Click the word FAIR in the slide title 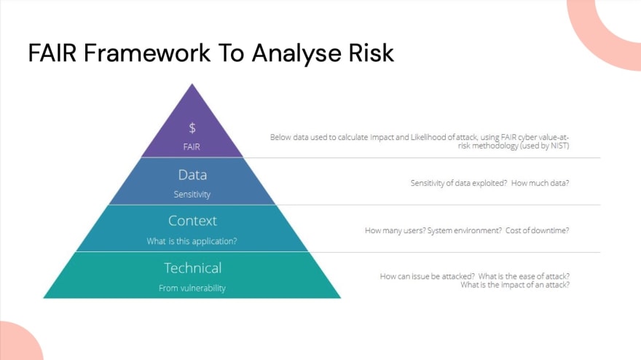(52, 52)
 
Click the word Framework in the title (147, 52)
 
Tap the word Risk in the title (371, 52)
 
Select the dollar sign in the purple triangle (192, 128)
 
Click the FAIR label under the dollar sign (192, 147)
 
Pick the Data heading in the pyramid (192, 175)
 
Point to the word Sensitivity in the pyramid (192, 195)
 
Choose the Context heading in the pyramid (192, 221)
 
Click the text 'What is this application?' (192, 241)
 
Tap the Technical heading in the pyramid (192, 268)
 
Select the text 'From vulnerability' (192, 288)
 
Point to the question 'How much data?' (540, 183)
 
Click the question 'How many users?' (395, 230)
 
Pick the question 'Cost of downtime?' (537, 230)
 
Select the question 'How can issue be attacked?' (428, 276)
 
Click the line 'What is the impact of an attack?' (515, 285)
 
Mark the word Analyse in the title (296, 52)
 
